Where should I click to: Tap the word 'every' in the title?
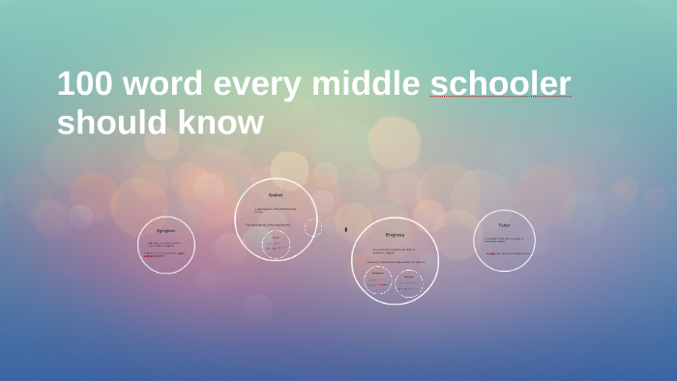[x=258, y=86]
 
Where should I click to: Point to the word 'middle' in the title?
[x=366, y=84]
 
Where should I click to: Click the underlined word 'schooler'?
[x=500, y=85]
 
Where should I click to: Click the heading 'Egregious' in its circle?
[x=166, y=231]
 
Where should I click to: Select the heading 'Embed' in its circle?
[x=276, y=195]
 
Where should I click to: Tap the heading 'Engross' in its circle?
[x=395, y=235]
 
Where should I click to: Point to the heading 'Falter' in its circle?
[x=504, y=225]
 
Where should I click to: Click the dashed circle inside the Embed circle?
[x=277, y=245]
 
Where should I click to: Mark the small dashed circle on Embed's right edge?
[x=313, y=228]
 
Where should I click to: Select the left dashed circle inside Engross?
[x=377, y=280]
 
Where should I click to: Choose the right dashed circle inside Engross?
[x=409, y=280]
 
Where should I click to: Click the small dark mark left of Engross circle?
[x=346, y=230]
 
